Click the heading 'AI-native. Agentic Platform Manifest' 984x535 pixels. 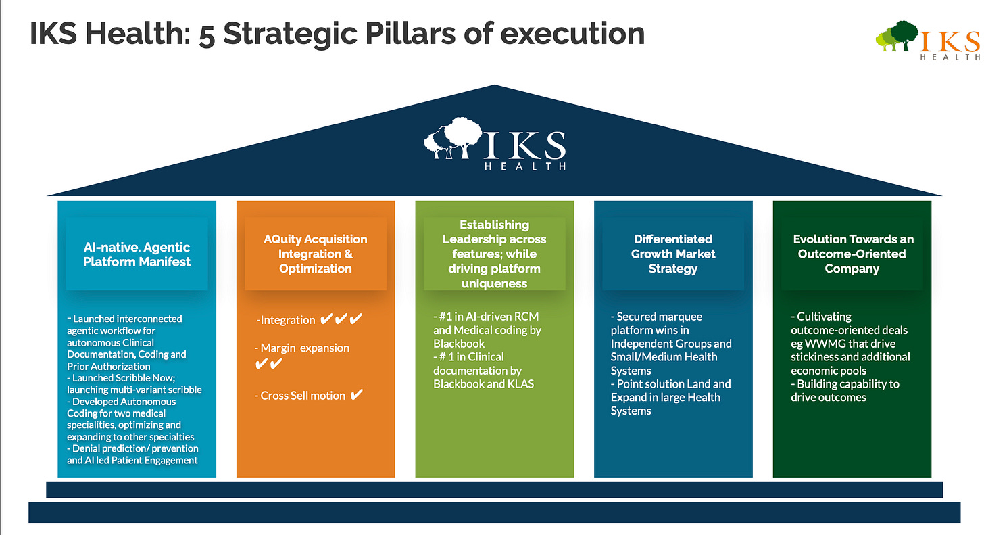[137, 254]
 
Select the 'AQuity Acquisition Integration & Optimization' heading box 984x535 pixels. [316, 254]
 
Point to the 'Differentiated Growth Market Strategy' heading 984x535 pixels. [673, 254]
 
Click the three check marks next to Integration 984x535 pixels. [341, 319]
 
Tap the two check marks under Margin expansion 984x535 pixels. [269, 364]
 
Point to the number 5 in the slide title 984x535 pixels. [207, 34]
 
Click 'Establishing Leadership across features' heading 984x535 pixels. [494, 239]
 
